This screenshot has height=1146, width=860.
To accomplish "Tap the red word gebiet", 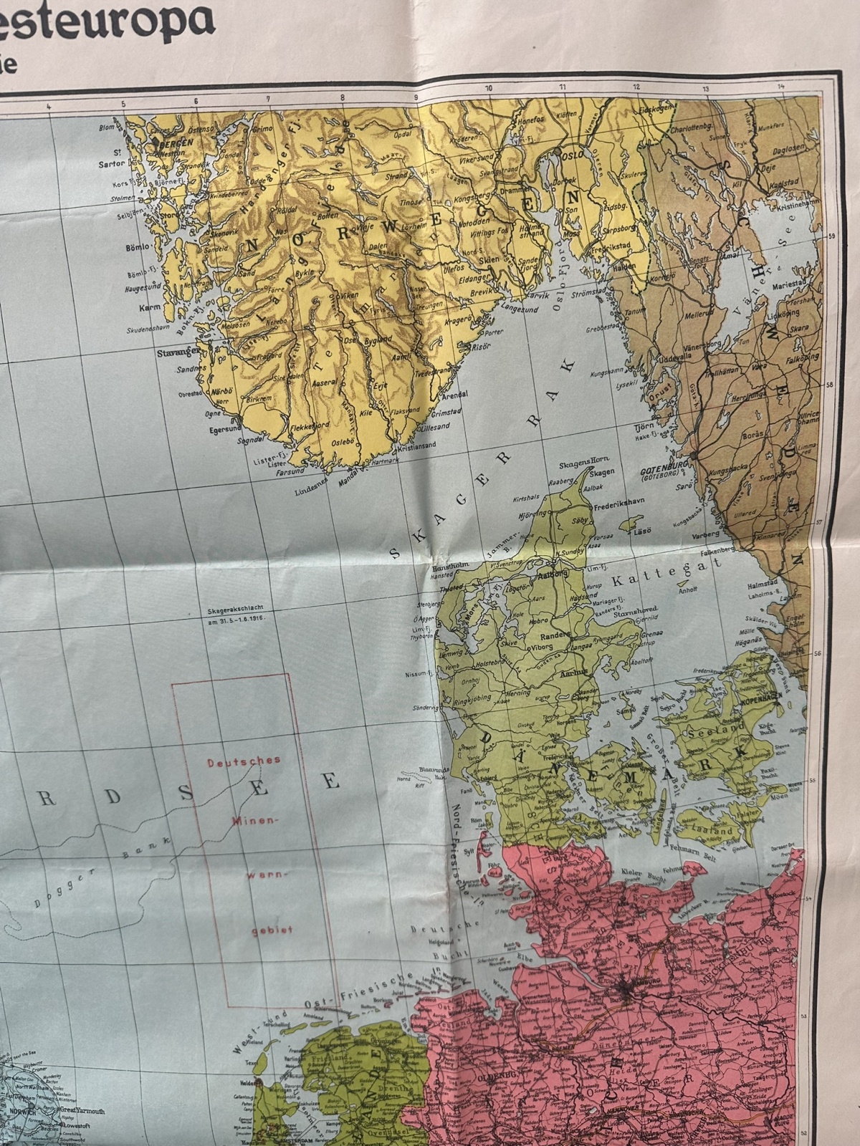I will click(265, 933).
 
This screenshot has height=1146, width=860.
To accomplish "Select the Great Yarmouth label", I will click(82, 1112).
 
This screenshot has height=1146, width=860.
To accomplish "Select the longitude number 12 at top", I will click(636, 87).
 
